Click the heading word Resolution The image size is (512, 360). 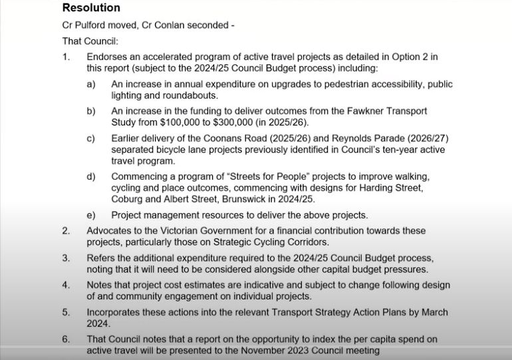coord(91,9)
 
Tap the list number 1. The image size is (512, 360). coord(66,57)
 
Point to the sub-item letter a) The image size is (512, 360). coord(91,85)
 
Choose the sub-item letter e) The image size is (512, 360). coord(91,215)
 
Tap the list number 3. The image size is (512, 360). coord(66,258)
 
